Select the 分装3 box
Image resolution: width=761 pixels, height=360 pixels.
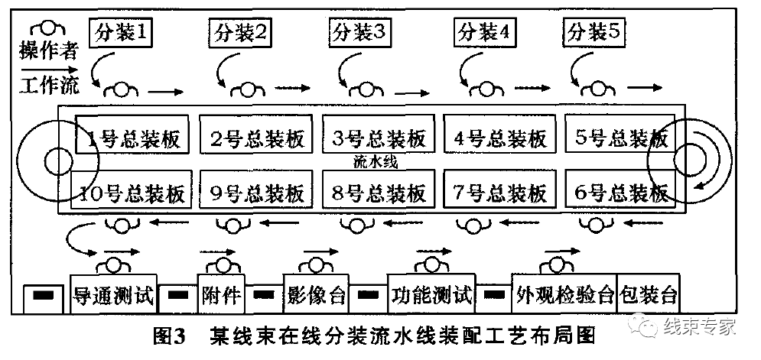pyautogui.click(x=363, y=33)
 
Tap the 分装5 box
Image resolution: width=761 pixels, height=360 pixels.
pyautogui.click(x=596, y=33)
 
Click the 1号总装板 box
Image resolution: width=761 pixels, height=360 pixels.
pyautogui.click(x=129, y=138)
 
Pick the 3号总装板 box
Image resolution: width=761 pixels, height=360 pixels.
pyautogui.click(x=375, y=138)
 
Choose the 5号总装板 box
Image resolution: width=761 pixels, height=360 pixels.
pyautogui.click(x=620, y=138)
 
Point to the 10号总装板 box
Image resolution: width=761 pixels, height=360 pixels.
pyautogui.click(x=129, y=193)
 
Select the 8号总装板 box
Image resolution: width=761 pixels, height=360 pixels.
pyautogui.click(x=375, y=193)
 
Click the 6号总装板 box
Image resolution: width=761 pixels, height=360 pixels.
pyautogui.click(x=620, y=193)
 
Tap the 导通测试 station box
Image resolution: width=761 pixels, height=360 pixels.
pyautogui.click(x=113, y=294)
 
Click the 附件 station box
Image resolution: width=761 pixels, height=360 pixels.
pyautogui.click(x=221, y=294)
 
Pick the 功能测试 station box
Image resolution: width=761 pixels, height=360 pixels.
pyautogui.click(x=431, y=294)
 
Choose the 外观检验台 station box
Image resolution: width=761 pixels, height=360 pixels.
pyautogui.click(x=565, y=294)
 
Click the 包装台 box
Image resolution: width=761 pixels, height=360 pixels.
pyautogui.click(x=649, y=294)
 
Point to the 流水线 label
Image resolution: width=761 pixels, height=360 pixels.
pyautogui.click(x=375, y=163)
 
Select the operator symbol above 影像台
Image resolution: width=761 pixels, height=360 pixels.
pyautogui.click(x=314, y=264)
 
